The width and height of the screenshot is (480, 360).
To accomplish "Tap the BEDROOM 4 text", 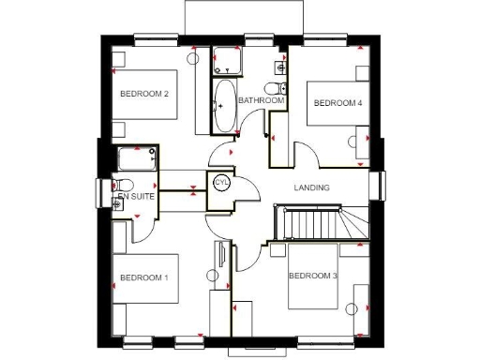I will [337, 103].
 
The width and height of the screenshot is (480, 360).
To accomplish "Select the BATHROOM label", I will [261, 100].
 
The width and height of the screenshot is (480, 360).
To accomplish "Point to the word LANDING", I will [311, 187].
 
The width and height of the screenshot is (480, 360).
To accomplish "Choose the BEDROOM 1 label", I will [143, 277].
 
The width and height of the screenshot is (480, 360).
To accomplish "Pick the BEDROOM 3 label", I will [312, 276].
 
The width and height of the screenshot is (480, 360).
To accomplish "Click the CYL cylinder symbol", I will [222, 182].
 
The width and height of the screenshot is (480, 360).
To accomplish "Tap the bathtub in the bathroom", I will [225, 105].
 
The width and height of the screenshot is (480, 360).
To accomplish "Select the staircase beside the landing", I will [319, 222].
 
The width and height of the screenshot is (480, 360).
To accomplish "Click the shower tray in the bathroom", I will [225, 60].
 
